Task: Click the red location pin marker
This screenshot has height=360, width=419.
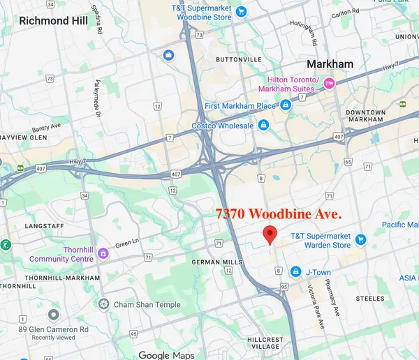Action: tap(269, 234)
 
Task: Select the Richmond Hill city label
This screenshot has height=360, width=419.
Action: tap(54, 20)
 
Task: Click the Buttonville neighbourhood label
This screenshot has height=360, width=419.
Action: tap(236, 59)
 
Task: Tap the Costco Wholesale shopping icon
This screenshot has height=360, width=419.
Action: tap(263, 126)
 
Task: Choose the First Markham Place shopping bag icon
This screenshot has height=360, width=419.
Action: tap(285, 106)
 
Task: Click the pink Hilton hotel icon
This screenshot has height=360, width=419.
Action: tap(329, 84)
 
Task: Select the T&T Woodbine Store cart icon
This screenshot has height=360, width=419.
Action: tap(241, 11)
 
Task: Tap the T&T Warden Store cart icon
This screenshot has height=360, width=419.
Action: tap(361, 239)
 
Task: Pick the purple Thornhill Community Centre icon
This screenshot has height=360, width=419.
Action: tap(103, 253)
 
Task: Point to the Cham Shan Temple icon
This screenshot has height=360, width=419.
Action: tap(104, 303)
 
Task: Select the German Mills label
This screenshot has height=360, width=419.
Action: tap(216, 262)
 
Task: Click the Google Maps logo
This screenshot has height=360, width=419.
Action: tap(166, 354)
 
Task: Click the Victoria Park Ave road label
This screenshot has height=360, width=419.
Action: tap(317, 307)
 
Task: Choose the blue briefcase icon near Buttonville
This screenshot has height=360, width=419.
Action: tap(168, 54)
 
